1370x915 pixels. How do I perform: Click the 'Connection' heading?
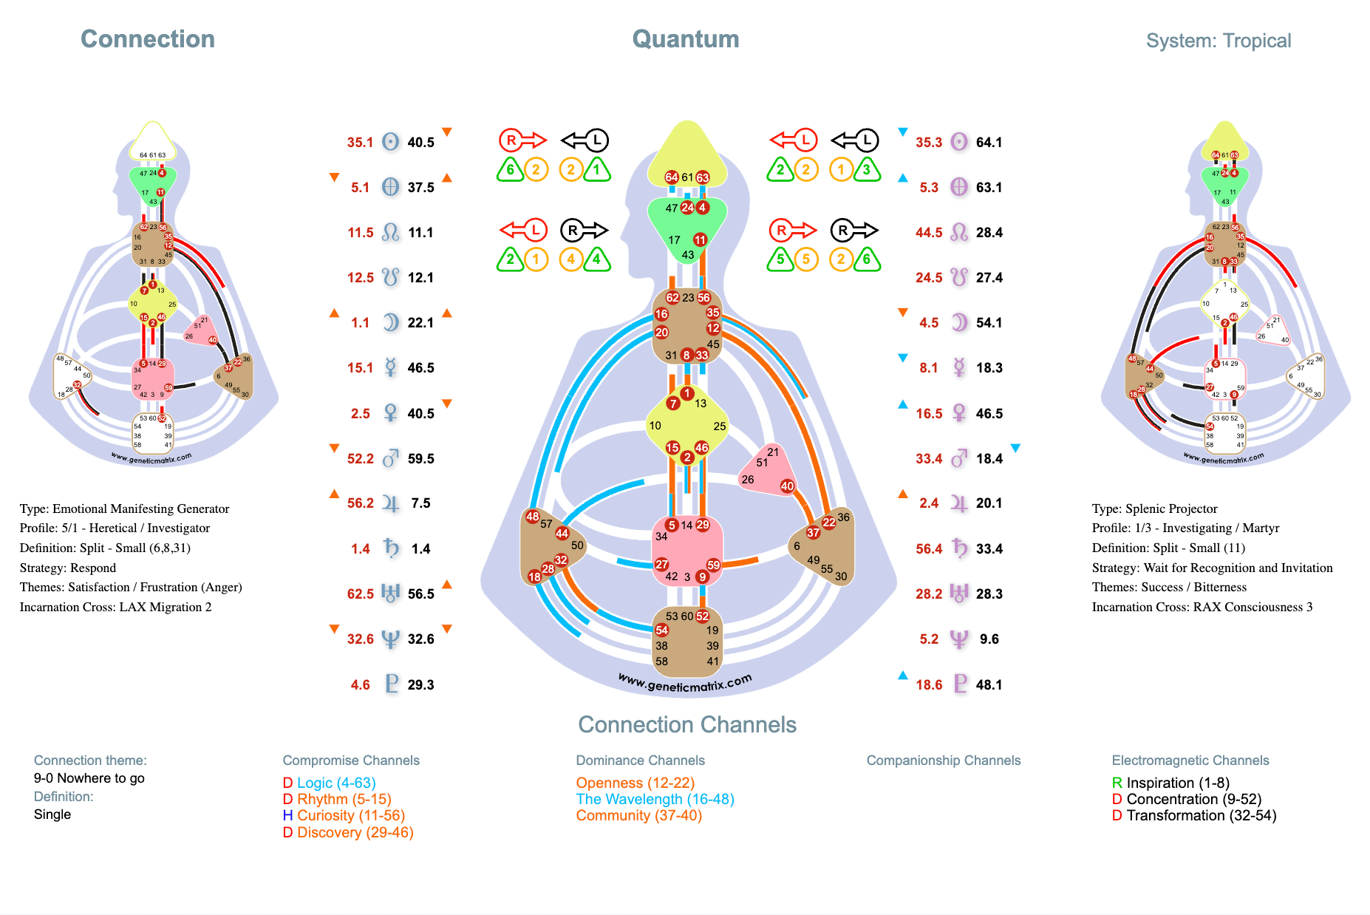click(x=147, y=39)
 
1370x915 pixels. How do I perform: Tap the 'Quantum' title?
click(x=685, y=39)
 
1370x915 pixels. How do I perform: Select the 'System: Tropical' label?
click(x=1218, y=41)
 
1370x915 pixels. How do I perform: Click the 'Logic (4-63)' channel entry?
click(x=336, y=783)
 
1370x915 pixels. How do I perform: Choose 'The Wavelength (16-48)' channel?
click(x=655, y=799)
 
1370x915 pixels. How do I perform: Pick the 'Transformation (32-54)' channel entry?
click(x=1201, y=815)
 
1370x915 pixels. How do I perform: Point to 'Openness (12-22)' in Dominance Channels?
click(x=635, y=783)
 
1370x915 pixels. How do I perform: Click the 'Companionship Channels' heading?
click(x=943, y=761)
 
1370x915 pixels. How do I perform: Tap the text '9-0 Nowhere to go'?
click(x=89, y=778)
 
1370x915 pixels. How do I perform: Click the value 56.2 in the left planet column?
click(x=361, y=503)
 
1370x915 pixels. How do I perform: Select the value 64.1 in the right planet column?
click(x=989, y=142)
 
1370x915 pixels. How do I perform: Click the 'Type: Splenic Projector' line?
click(x=1154, y=508)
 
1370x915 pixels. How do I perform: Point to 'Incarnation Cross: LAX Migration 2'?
click(x=115, y=607)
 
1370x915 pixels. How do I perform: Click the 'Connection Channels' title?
click(x=686, y=725)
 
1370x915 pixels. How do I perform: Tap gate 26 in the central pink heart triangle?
click(x=748, y=480)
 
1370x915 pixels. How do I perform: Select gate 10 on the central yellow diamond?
click(x=655, y=426)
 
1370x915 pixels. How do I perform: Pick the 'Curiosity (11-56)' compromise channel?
click(x=350, y=815)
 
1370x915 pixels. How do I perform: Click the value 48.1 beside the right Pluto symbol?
click(x=989, y=684)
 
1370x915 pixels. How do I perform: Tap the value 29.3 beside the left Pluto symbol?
click(x=420, y=684)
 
